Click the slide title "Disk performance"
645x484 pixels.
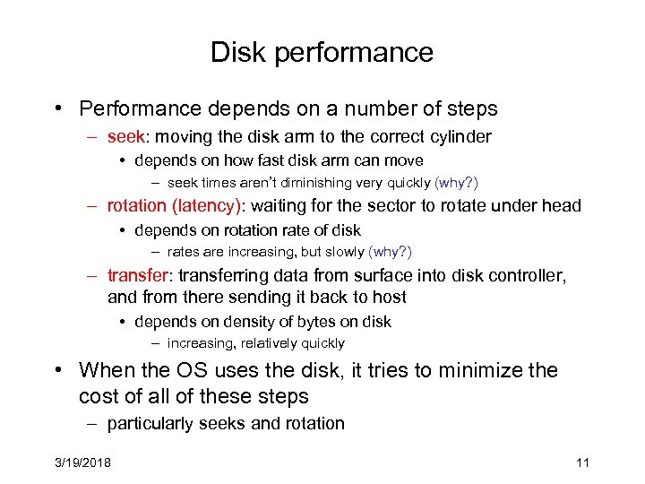pyautogui.click(x=322, y=53)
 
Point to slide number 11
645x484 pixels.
pyautogui.click(x=582, y=462)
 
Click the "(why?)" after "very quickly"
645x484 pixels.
pyautogui.click(x=456, y=183)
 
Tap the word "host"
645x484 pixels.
pyautogui.click(x=388, y=297)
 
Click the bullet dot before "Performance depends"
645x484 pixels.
pyautogui.click(x=56, y=109)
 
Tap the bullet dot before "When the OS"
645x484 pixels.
pyautogui.click(x=56, y=370)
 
